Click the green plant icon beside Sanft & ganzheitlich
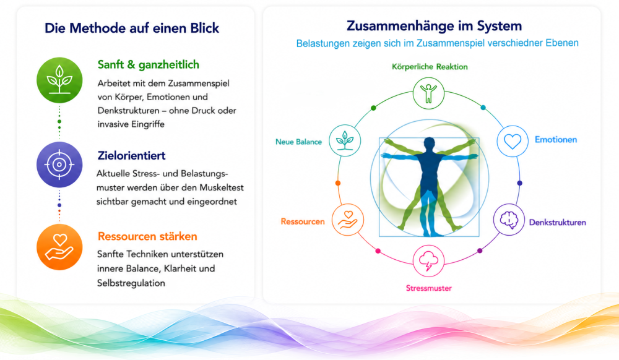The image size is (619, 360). (59, 80)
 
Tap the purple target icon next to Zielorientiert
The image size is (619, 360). (59, 165)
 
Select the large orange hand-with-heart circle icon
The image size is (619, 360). (59, 247)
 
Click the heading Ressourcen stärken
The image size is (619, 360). (147, 236)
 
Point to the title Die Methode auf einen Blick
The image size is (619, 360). (132, 28)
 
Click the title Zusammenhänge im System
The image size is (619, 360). (435, 26)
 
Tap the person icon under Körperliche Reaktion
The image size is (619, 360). (429, 93)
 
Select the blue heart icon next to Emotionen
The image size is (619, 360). (513, 141)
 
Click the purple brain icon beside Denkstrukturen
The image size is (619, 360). (509, 220)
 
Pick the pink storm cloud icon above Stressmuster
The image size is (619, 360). (429, 261)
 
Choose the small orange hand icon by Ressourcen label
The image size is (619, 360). (348, 220)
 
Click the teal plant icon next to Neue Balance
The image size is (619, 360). (345, 140)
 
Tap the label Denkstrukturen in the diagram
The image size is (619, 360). (558, 223)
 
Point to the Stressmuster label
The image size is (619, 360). (429, 288)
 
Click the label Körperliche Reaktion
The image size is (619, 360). (430, 67)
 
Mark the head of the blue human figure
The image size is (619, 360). (429, 143)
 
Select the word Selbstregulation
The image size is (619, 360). (131, 283)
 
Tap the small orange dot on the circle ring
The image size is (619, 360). (338, 183)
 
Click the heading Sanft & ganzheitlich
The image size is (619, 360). (149, 65)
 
